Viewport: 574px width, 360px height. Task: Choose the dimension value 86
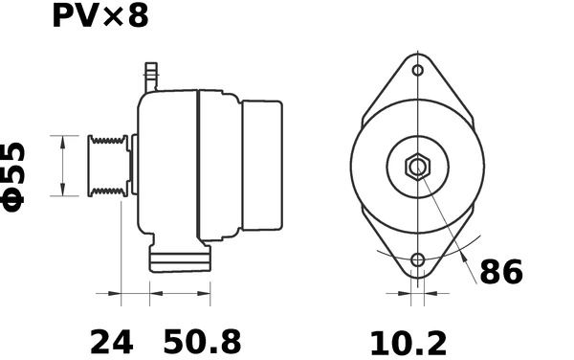pyautogui.click(x=501, y=273)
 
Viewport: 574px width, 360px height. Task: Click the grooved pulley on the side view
pyautogui.click(x=107, y=167)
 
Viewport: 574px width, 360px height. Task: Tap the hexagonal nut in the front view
pyautogui.click(x=417, y=167)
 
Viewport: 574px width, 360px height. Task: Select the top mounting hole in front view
pyautogui.click(x=417, y=71)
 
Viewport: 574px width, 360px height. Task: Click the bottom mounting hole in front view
pyautogui.click(x=417, y=260)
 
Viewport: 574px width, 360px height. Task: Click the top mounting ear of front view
pyautogui.click(x=417, y=67)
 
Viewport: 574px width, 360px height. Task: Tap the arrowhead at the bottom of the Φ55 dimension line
pyautogui.click(x=63, y=191)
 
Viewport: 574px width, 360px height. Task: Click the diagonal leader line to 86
pyautogui.click(x=450, y=230)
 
